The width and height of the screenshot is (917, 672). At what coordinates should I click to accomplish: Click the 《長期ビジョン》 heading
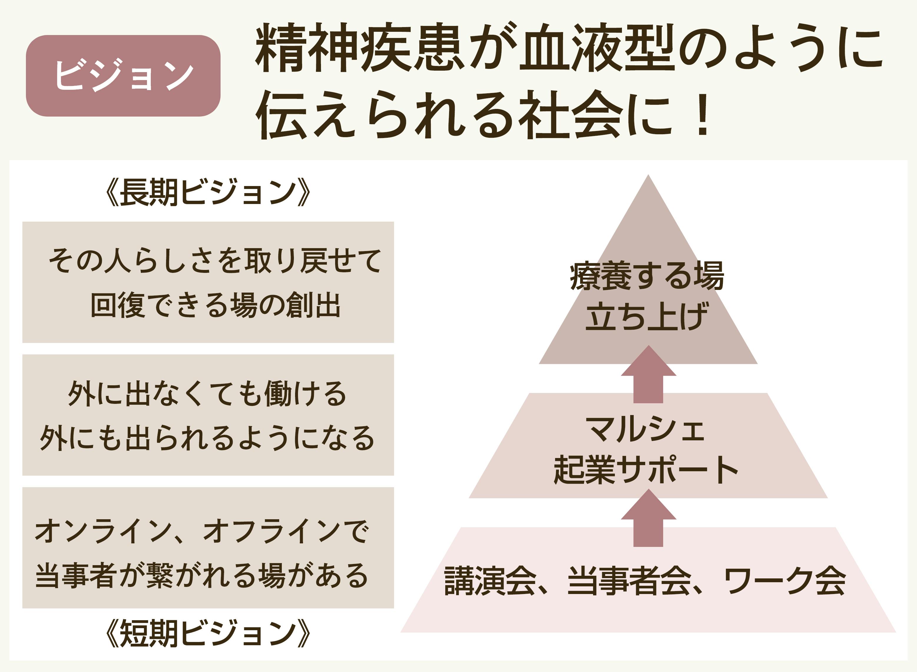[208, 192]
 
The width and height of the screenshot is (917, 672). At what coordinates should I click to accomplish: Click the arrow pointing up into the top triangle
[648, 374]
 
